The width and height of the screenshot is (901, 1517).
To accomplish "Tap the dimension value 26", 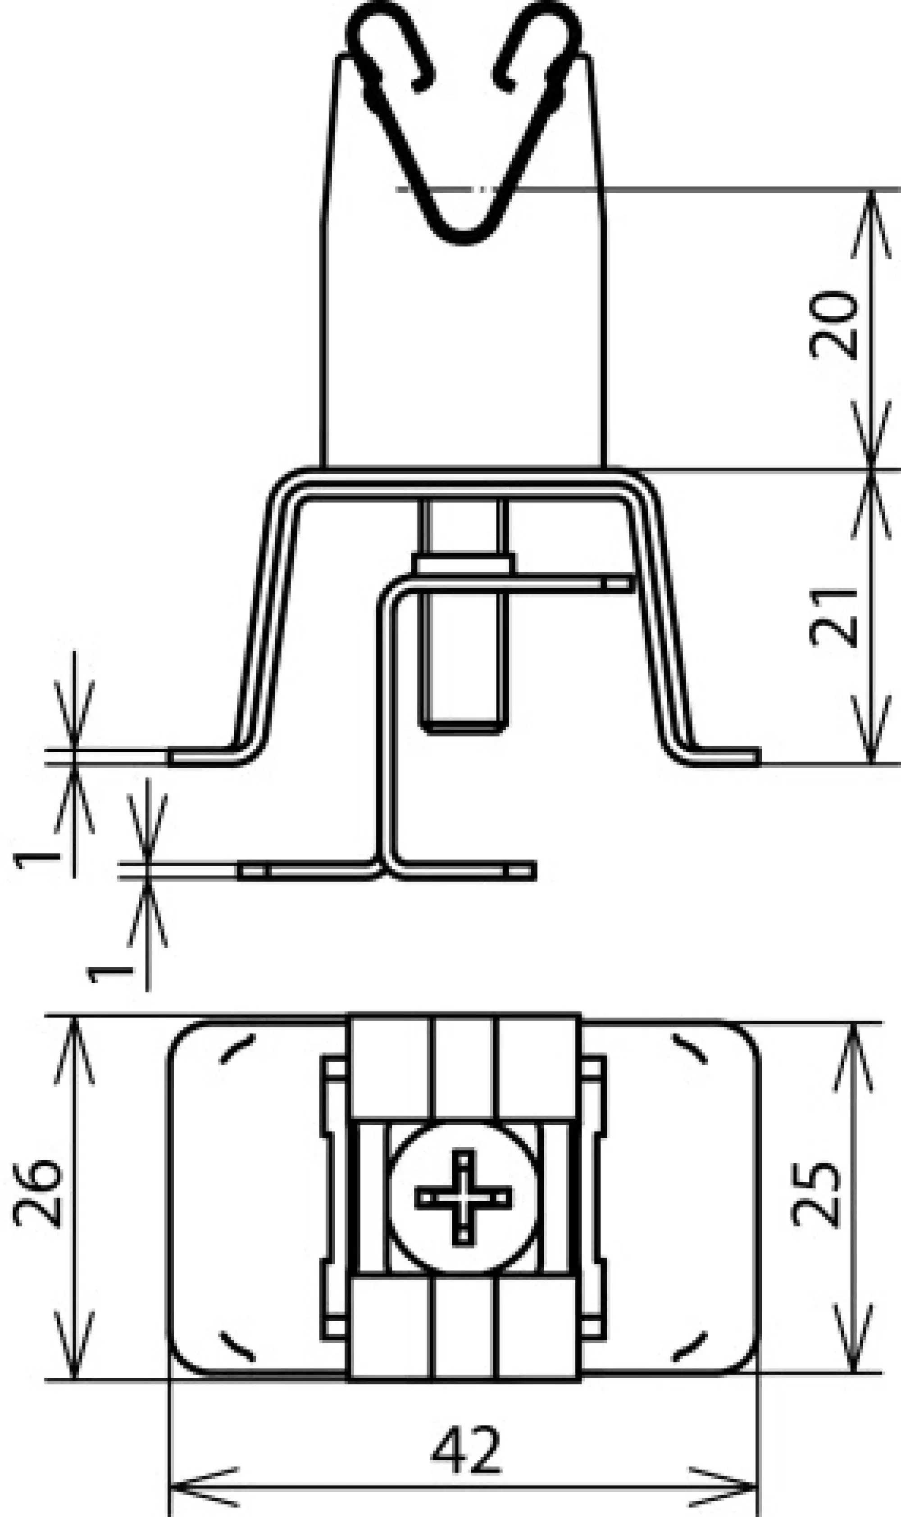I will click(38, 1194).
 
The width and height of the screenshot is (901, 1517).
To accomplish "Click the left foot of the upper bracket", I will click(200, 756).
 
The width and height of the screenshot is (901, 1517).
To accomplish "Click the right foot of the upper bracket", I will click(726, 756).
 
